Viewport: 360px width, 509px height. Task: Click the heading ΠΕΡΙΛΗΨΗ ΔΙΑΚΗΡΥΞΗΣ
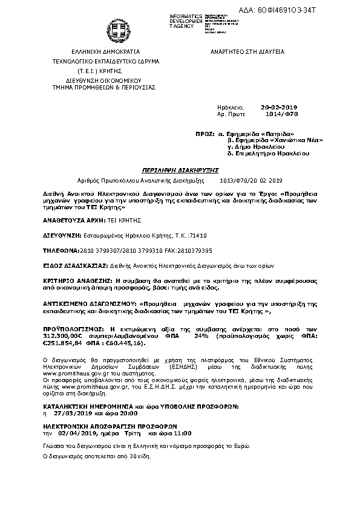180,170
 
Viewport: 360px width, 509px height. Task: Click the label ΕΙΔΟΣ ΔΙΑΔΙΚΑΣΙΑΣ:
74,265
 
